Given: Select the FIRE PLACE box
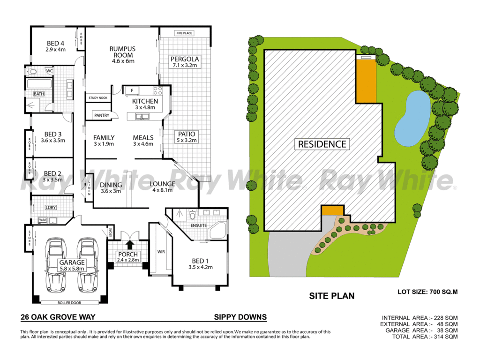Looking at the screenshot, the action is coord(184,33).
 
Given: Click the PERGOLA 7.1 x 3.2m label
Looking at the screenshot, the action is coord(185,62).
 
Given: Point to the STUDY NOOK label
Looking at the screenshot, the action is coord(98,97).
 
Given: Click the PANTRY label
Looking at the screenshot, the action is coord(102,115).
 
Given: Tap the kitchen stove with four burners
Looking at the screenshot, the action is coord(157,90).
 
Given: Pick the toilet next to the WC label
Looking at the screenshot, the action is coord(32,72).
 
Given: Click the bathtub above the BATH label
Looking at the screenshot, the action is coord(39,83).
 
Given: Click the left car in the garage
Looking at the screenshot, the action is coord(55,265).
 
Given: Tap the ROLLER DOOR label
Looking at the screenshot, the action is coord(69,303).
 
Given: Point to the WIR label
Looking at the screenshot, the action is coord(161,252).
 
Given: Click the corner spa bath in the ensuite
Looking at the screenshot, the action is coord(217,231).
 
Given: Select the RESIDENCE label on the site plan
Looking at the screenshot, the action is coord(322,144).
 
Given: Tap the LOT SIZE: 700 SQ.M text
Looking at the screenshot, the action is coord(427,292).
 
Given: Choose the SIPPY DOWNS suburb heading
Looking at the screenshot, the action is coord(240,317).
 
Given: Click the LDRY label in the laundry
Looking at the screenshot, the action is coord(51,207).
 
